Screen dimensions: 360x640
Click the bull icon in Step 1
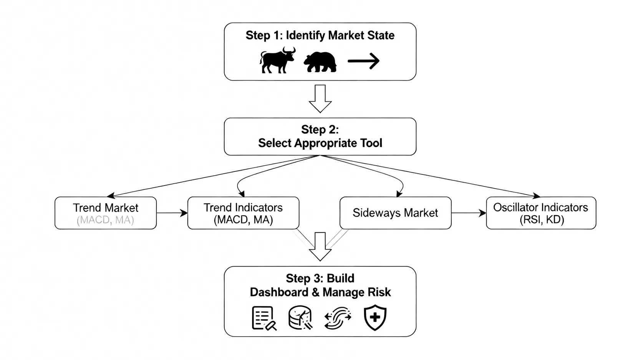(x=277, y=60)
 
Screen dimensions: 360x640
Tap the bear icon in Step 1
(x=320, y=62)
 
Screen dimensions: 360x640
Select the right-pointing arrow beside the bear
(x=363, y=61)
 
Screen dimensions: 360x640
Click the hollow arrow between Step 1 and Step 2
(x=320, y=98)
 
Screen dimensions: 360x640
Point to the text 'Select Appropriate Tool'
(x=320, y=143)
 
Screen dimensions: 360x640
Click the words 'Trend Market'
(x=106, y=208)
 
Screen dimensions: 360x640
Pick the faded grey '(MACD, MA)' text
(x=106, y=220)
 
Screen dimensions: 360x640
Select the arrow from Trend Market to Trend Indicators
(x=172, y=213)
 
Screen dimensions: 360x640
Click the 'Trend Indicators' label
(x=243, y=207)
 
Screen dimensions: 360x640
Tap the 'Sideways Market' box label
(x=395, y=213)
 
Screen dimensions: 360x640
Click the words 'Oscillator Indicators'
(x=541, y=207)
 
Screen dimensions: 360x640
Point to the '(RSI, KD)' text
(x=542, y=220)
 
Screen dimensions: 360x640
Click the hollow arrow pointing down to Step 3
(x=320, y=246)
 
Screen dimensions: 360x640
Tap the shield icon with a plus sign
(x=375, y=317)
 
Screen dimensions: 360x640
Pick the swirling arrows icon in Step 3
(x=338, y=318)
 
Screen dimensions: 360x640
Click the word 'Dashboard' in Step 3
(x=279, y=292)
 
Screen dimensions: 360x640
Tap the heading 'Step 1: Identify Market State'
(x=320, y=35)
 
